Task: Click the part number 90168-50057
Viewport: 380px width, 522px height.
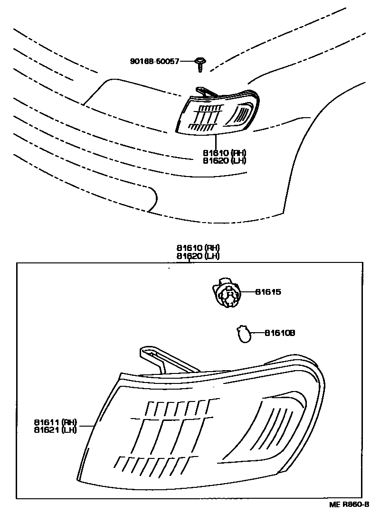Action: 155,61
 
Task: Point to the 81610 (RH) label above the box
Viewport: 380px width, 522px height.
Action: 198,248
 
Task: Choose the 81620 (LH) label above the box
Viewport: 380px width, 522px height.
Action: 198,256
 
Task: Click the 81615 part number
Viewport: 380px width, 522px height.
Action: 268,292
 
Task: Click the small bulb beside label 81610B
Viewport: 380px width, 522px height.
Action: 243,334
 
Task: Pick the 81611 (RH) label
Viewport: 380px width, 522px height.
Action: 55,422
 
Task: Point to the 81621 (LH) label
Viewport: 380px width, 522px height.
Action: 55,430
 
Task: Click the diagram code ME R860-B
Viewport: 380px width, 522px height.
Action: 349,504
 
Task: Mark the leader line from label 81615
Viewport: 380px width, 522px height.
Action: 247,292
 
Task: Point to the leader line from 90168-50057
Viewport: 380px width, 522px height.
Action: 188,61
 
